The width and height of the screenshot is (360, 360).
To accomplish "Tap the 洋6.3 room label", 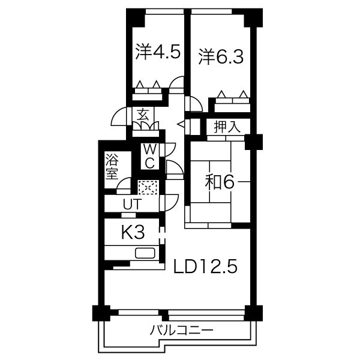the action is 221,56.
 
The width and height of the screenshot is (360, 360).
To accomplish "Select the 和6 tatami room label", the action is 220,182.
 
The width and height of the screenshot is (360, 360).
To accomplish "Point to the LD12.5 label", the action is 205,266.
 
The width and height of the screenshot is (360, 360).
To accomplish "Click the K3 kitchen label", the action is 133,232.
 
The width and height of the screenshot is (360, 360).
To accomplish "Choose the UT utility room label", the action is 131,203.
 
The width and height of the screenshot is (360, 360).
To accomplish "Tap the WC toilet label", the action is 149,157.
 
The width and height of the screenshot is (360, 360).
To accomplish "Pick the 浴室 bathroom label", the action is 112,167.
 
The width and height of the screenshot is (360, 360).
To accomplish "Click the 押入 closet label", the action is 227,127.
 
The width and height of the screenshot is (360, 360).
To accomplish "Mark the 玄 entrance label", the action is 143,115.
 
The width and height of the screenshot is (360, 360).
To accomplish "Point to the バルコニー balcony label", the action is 181,331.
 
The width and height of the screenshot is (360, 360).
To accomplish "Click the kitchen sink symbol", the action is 145,253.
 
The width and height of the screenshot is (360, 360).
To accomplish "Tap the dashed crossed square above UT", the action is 148,187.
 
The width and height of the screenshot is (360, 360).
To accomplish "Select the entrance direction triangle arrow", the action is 181,124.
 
